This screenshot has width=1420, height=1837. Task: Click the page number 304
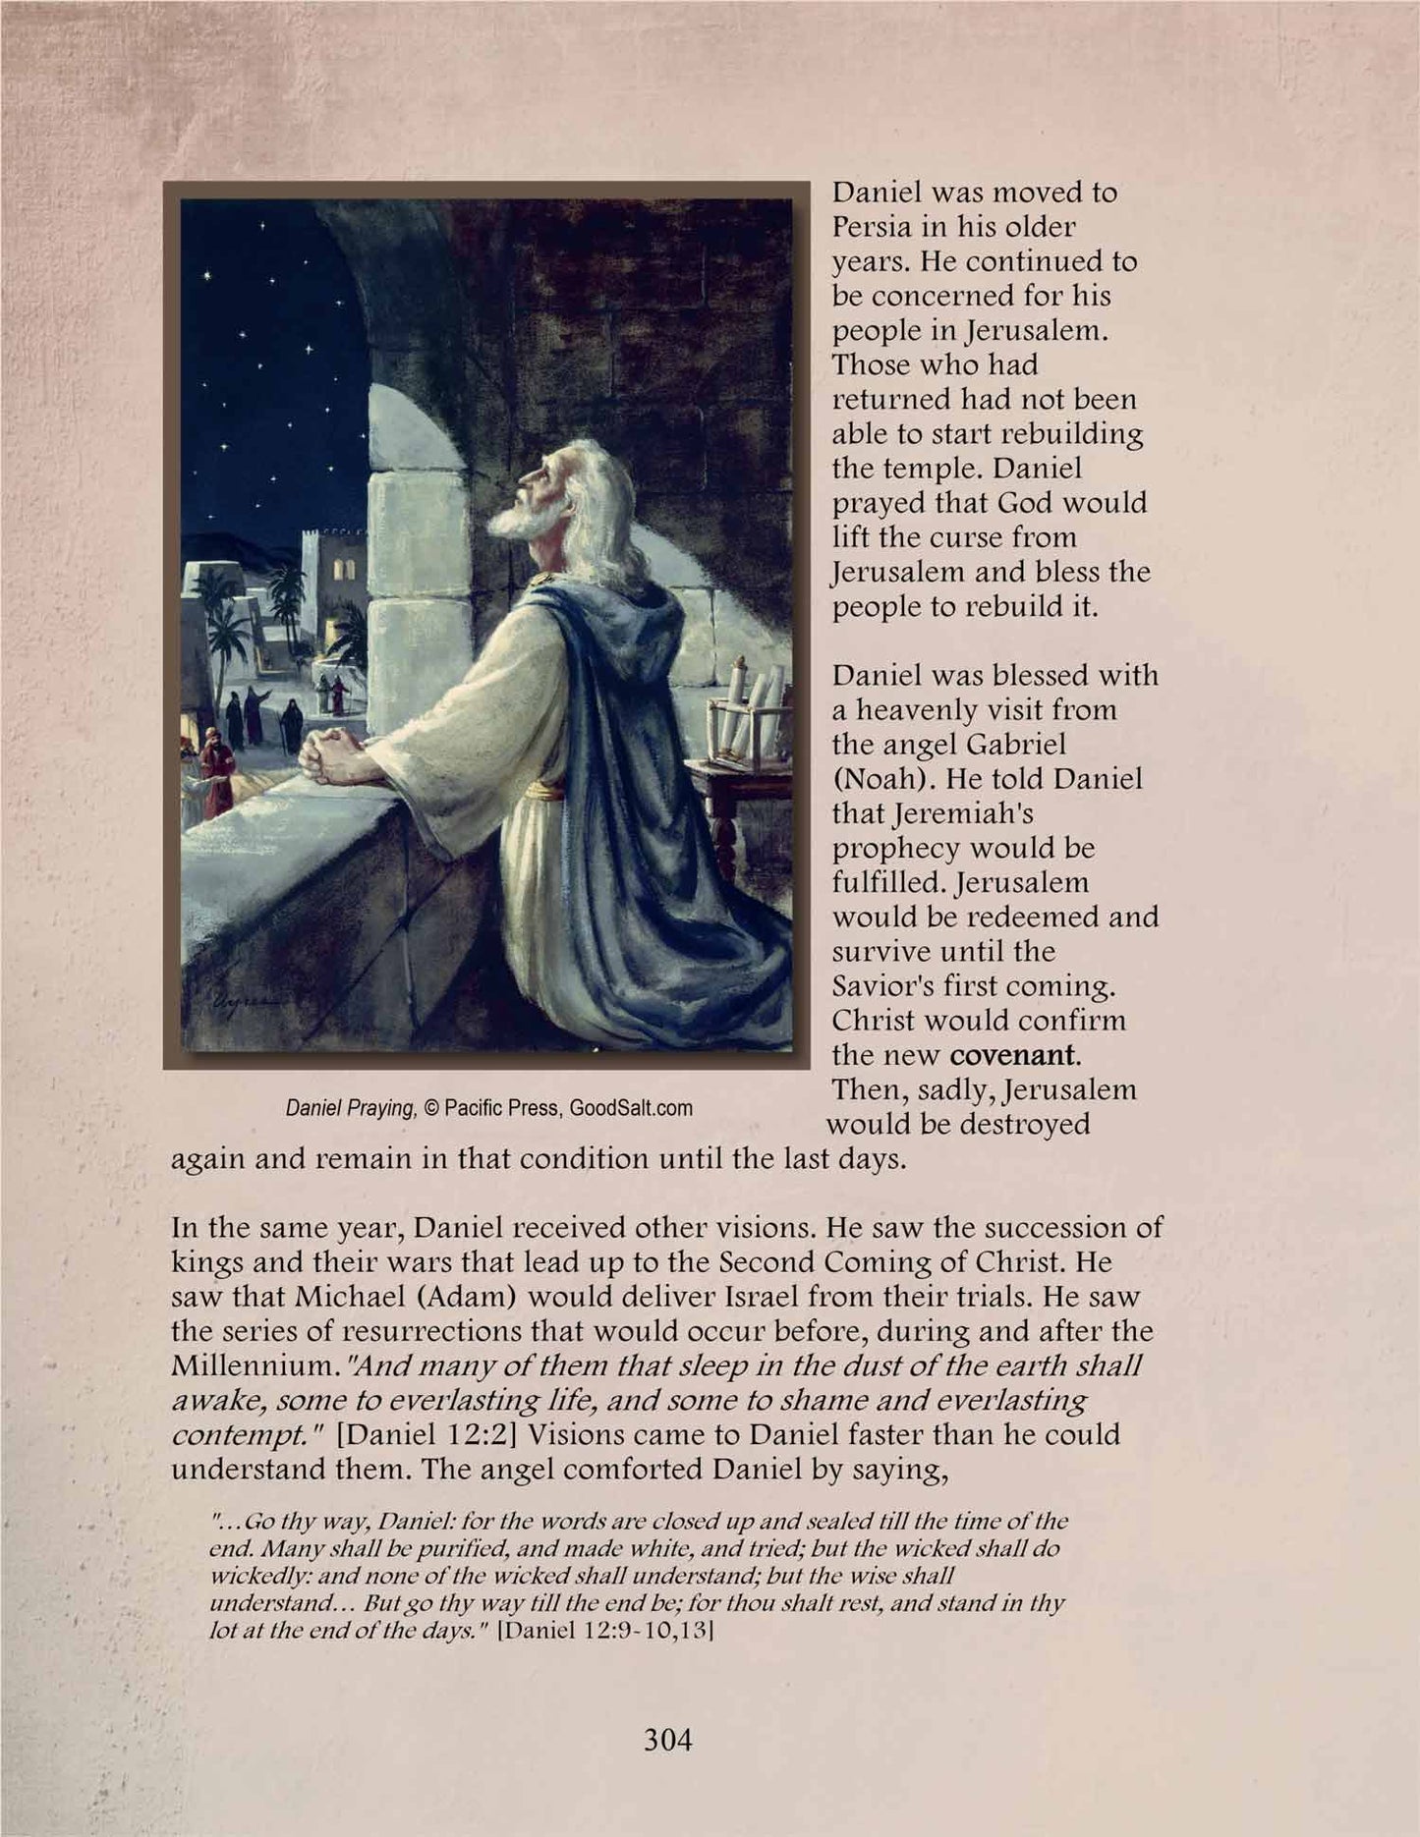[x=668, y=1740]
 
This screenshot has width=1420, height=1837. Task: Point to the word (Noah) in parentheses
[x=876, y=779]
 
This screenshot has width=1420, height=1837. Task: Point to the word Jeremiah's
[x=919, y=813]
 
